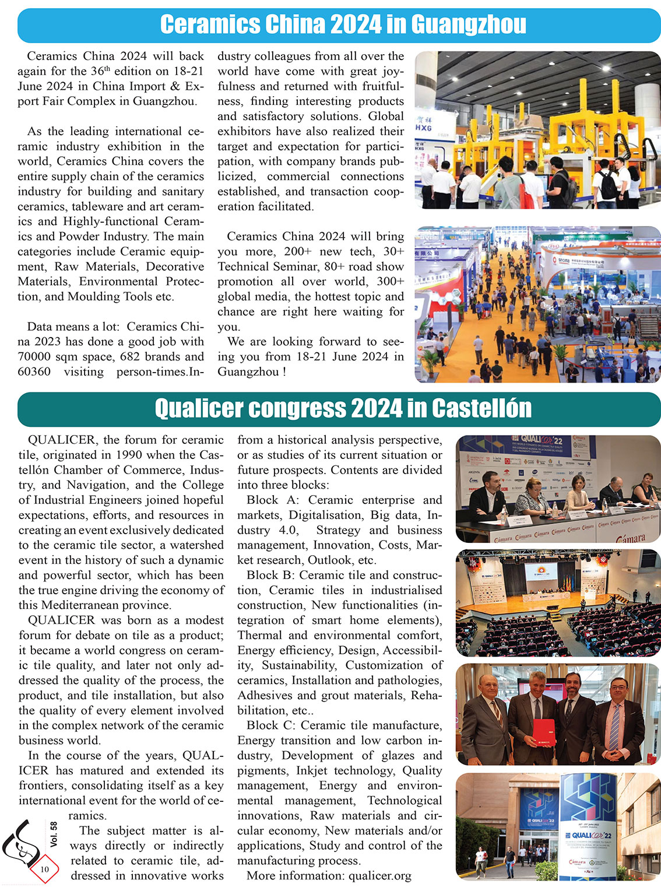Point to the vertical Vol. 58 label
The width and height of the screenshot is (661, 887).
point(54,835)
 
